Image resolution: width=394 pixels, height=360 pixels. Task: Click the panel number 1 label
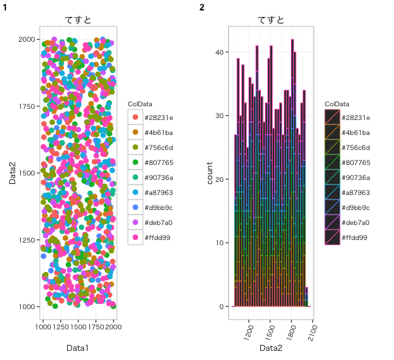(5, 7)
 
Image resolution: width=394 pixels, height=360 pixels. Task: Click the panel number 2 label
(202, 7)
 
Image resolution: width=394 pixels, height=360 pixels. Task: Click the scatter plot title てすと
(78, 20)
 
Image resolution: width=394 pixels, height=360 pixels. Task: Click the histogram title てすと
(271, 20)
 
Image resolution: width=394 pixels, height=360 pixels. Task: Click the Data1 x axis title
(78, 348)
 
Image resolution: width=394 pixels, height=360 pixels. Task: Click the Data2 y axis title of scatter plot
(12, 173)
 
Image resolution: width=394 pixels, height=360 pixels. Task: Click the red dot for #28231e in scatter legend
(135, 117)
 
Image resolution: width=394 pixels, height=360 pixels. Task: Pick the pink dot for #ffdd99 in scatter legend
(135, 237)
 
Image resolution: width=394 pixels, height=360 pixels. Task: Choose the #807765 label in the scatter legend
(157, 162)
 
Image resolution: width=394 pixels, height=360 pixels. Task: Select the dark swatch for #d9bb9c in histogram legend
(332, 207)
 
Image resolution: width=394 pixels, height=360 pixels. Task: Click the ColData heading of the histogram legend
(337, 104)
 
